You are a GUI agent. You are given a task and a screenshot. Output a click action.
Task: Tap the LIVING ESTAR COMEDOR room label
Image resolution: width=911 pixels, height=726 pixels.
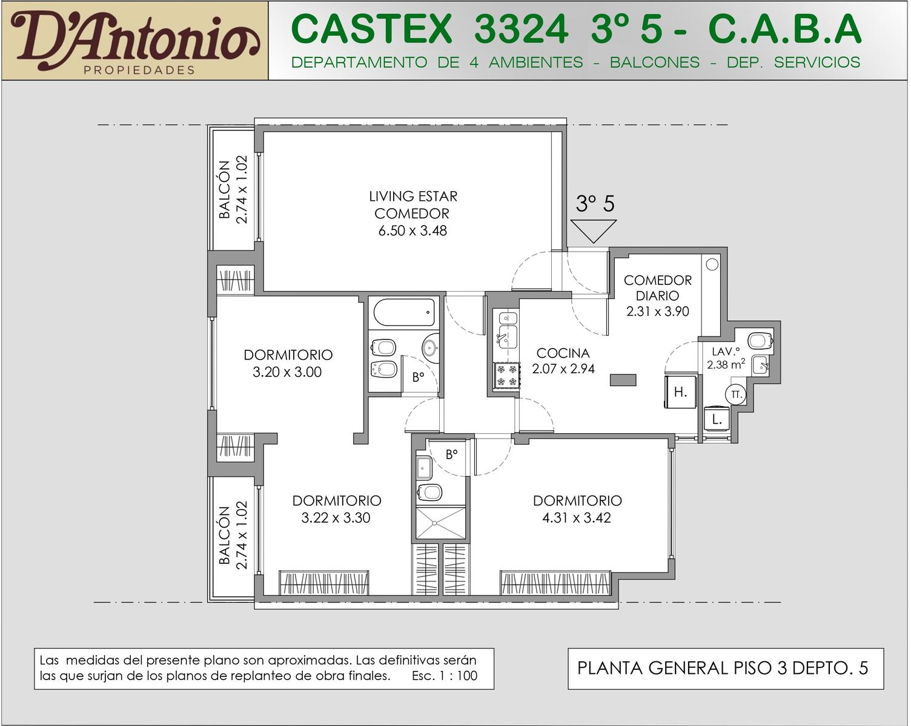pos(412,205)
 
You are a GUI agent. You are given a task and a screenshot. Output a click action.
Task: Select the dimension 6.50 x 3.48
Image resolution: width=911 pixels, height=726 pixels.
pos(412,231)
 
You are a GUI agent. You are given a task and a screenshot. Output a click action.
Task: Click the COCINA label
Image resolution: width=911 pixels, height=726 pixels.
pos(563,353)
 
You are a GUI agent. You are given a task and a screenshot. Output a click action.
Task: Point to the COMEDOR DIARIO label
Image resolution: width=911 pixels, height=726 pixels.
pos(657,288)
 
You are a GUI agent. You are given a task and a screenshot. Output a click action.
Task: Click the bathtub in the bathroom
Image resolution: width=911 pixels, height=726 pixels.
pos(404,312)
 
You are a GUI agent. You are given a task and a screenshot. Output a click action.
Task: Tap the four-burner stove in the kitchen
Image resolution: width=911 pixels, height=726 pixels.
pos(507,376)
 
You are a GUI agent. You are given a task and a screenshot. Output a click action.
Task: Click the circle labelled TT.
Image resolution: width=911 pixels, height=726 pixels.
pos(736,395)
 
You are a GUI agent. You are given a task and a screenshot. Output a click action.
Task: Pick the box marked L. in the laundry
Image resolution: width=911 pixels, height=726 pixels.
pos(717,419)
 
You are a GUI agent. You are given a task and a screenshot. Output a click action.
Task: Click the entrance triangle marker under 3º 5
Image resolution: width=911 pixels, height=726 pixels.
pos(594,231)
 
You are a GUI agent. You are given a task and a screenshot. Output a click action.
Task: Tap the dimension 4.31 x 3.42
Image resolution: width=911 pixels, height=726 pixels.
pos(577,518)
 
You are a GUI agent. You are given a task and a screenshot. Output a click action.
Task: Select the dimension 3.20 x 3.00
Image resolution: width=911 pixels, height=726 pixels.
pos(287,372)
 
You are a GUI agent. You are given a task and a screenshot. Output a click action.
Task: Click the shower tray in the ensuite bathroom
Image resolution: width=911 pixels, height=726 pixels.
pos(441,523)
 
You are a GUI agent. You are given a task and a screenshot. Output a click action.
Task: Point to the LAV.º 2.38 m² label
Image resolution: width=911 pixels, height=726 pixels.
pos(726,358)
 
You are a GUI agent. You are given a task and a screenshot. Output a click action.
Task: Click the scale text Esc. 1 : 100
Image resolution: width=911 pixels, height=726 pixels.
pos(445,676)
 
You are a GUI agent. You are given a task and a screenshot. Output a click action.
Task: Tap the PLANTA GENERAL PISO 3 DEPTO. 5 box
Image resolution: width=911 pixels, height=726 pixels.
pos(726,669)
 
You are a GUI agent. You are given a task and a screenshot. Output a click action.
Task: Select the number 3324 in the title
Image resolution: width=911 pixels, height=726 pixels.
pos(521,29)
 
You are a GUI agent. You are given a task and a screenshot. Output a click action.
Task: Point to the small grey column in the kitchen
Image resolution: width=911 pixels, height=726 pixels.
pos(623,380)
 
